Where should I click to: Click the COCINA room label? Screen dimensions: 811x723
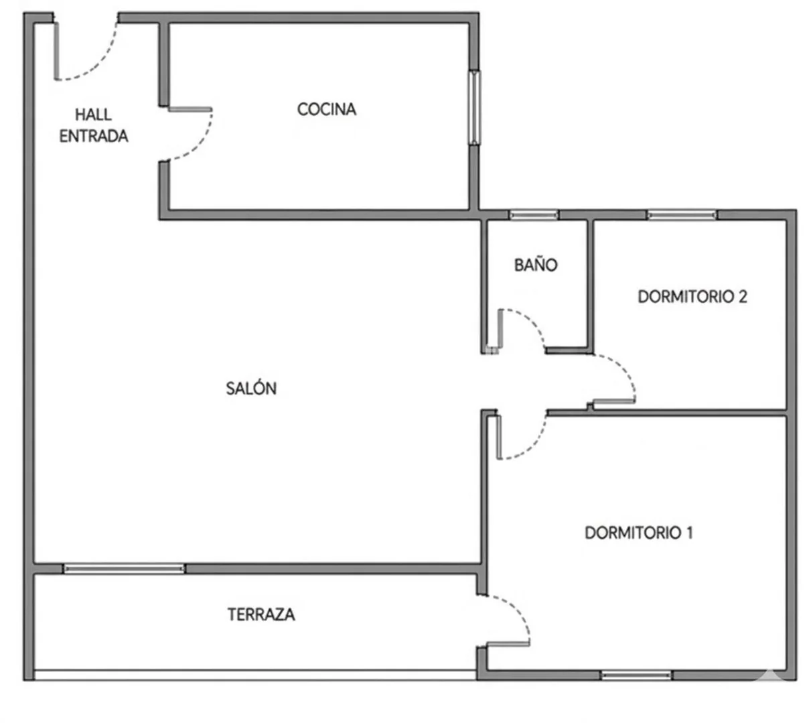pos(326,109)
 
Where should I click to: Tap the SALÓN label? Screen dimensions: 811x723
pos(251,388)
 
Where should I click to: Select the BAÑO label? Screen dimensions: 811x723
pos(536,265)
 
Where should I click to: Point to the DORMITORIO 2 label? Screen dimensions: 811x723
pos(692,296)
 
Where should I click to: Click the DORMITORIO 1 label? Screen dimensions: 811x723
pos(638,532)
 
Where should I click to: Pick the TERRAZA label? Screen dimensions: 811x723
pos(261,614)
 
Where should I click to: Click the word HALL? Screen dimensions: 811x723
pos(93,115)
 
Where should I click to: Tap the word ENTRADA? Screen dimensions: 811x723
pos(94,136)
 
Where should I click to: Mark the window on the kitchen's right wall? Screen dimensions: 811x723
pos(474,107)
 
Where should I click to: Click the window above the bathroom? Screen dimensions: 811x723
pos(534,215)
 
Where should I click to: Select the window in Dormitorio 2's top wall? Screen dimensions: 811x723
pos(682,215)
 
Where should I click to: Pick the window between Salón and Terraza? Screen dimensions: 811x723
pos(124,568)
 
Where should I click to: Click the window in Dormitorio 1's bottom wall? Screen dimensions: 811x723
pos(636,675)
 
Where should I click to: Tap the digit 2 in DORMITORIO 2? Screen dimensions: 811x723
pos(742,296)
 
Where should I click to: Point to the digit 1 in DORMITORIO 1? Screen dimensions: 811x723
pos(689,532)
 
